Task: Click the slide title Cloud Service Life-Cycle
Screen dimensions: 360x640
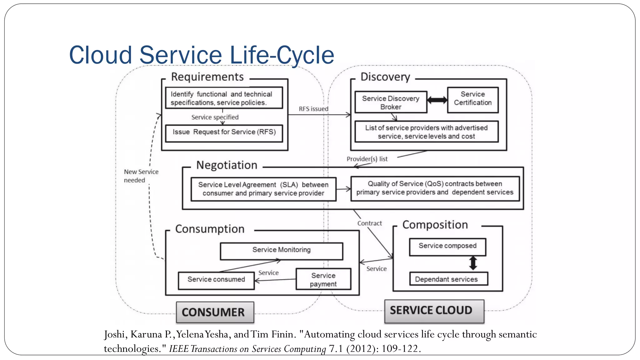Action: pyautogui.click(x=202, y=55)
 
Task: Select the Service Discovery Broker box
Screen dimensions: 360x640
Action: pyautogui.click(x=391, y=102)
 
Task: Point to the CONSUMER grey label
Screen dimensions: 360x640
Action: pyautogui.click(x=215, y=312)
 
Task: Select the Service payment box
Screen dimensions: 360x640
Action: pyautogui.click(x=323, y=279)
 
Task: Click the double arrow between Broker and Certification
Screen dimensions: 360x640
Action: pyautogui.click(x=437, y=100)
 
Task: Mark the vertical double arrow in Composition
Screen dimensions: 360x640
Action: pyautogui.click(x=473, y=263)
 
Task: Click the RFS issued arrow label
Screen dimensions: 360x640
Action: pyautogui.click(x=313, y=109)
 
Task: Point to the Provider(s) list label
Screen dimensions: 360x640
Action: pyautogui.click(x=367, y=159)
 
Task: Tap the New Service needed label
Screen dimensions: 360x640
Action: pyautogui.click(x=141, y=176)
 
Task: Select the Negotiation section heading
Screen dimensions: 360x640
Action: pyautogui.click(x=227, y=165)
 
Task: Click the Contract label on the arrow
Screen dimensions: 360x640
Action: pyautogui.click(x=369, y=223)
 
